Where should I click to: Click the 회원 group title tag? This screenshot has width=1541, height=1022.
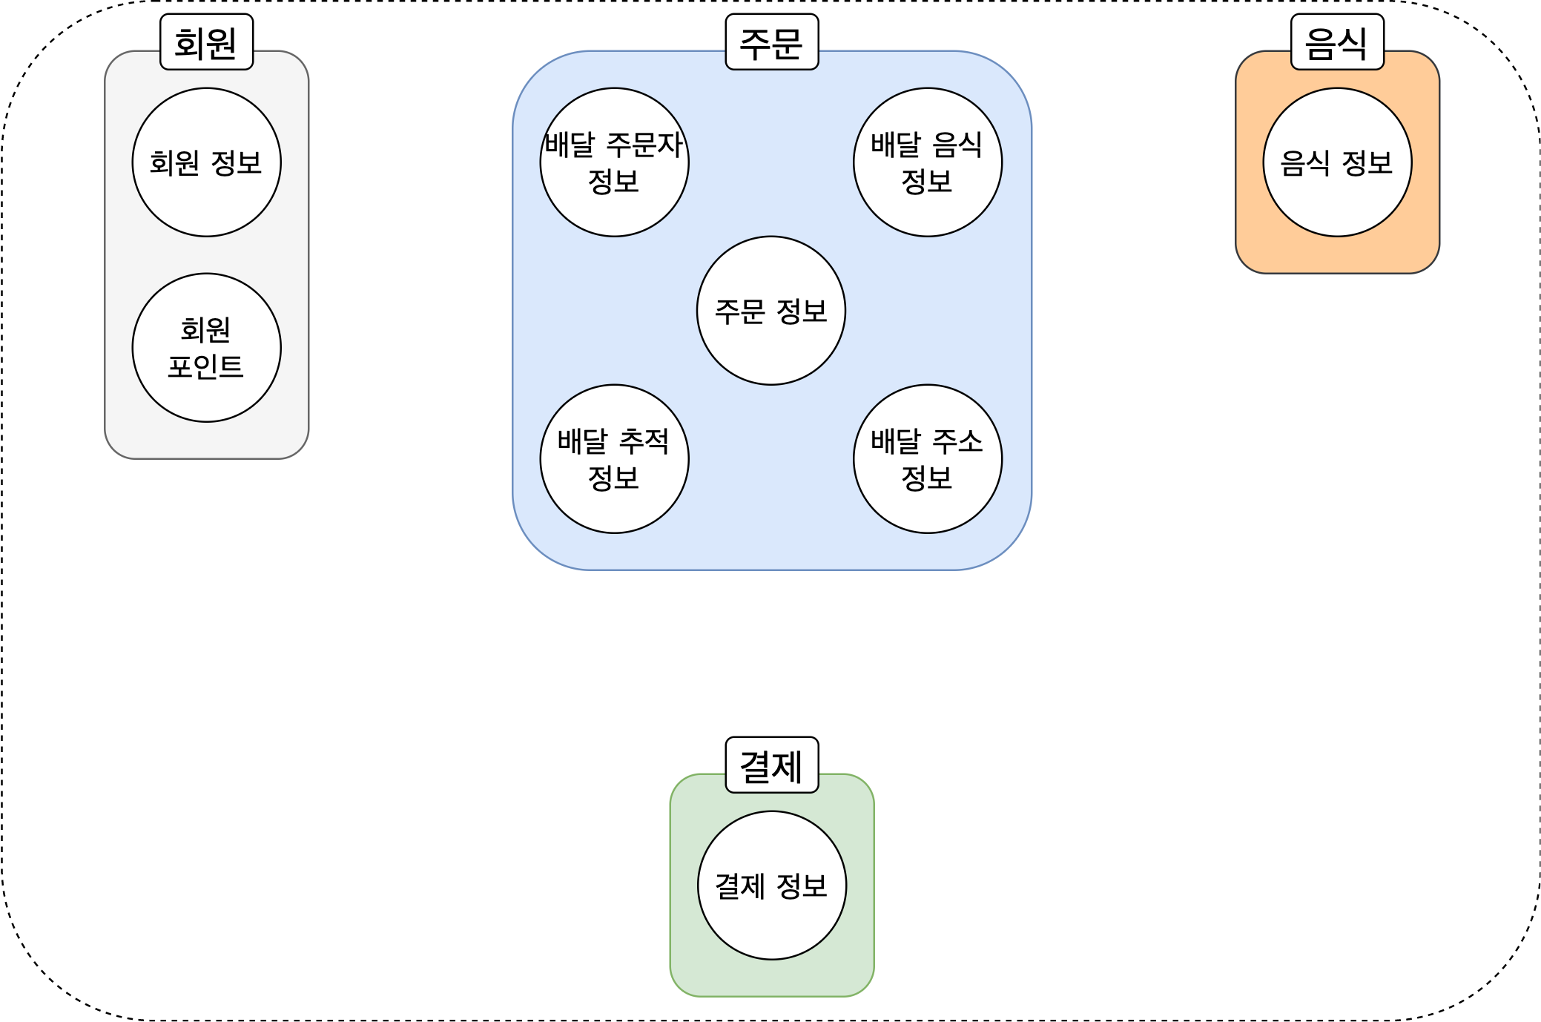coord(206,42)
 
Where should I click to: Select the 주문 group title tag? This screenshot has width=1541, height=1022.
coord(771,42)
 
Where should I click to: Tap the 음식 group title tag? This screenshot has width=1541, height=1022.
coord(1336,42)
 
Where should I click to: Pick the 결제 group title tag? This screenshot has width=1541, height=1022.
coord(771,765)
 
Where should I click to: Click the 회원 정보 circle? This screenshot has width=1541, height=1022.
coord(206,162)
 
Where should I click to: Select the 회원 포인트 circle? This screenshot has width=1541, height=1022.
coord(206,348)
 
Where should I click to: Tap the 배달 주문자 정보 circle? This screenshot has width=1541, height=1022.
coord(614,162)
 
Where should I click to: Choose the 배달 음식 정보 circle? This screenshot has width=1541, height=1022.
coord(927,162)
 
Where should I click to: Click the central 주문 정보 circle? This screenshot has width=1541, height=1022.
coord(770,311)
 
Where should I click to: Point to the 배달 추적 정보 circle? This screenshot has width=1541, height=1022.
coord(614,459)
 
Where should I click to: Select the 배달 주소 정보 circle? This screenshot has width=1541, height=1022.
coord(927,459)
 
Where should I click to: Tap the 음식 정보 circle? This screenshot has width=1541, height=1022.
coord(1336,162)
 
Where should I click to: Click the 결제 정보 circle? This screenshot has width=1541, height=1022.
coord(771,886)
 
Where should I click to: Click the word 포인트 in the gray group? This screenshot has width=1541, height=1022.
coord(205,366)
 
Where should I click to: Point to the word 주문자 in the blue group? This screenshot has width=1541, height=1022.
coord(644,145)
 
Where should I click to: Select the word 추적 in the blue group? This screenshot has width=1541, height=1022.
coord(644,441)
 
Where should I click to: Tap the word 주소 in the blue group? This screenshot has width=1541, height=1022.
coord(957,441)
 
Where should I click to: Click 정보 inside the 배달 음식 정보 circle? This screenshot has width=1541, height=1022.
coord(926,181)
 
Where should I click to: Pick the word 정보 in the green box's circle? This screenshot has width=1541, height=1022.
coord(802,886)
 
